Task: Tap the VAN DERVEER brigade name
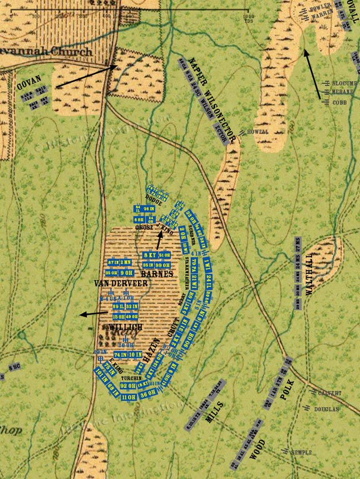tap(121, 283)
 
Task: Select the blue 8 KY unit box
tap(150, 255)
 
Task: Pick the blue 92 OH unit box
tap(128, 386)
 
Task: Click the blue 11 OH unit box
tap(129, 397)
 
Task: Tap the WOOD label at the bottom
tap(258, 448)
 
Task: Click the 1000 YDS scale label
tap(248, 17)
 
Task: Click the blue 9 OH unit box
tap(127, 273)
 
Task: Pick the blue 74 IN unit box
tap(120, 354)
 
